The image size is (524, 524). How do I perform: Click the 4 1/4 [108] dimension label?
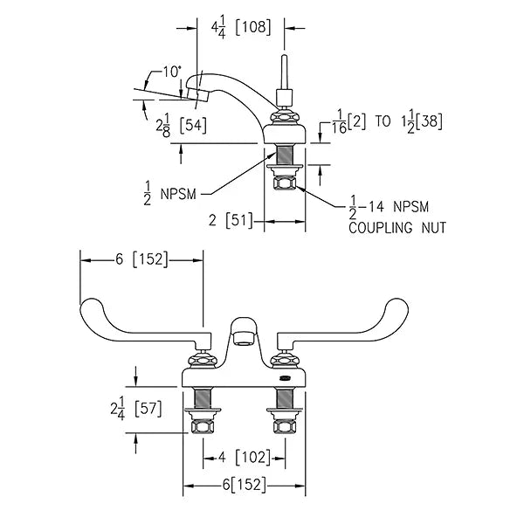[x=241, y=29]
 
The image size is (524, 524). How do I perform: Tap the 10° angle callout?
[x=172, y=72]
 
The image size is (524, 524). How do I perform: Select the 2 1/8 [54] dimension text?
[x=181, y=126]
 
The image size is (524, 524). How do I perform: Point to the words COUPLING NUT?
[x=397, y=228]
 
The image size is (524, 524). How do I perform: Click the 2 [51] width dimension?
[x=231, y=221]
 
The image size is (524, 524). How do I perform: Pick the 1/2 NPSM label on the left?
[x=169, y=194]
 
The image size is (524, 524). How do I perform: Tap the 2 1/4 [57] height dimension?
[x=136, y=409]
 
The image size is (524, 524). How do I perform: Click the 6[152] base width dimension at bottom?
[x=245, y=485]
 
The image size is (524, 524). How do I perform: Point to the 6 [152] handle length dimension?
[x=141, y=259]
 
